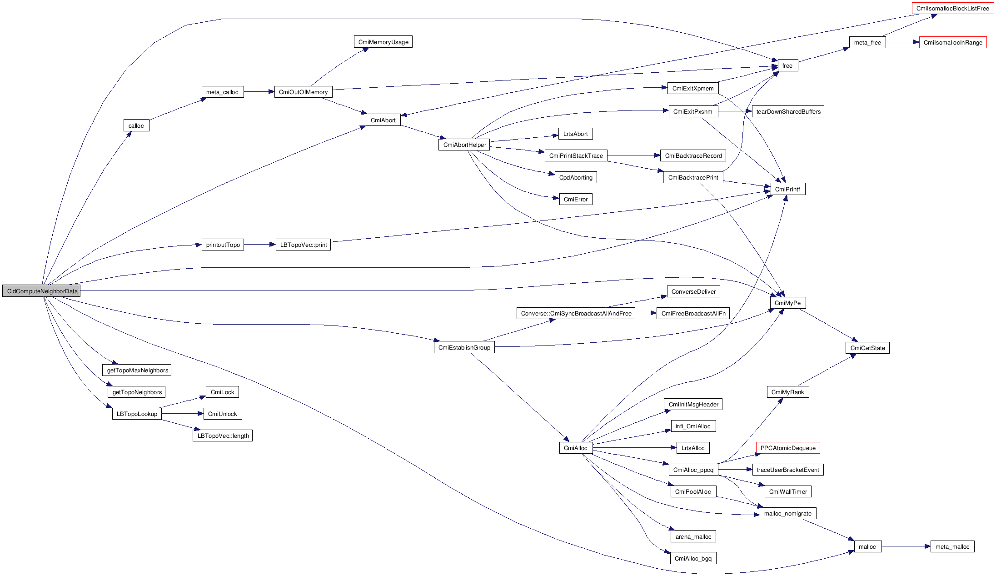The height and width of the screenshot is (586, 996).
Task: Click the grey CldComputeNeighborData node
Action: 41,291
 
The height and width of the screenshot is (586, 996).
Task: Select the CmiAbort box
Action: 383,120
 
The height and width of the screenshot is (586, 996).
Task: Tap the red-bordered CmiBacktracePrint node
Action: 693,177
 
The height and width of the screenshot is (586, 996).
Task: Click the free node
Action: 787,65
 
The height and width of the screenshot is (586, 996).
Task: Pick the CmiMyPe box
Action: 787,303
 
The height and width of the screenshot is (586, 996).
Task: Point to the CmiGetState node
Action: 867,348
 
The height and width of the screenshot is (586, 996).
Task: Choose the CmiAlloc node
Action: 575,448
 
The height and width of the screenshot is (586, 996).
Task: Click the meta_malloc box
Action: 952,546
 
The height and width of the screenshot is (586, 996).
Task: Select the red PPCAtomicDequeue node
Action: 788,448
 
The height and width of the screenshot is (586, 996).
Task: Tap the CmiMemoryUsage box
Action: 383,42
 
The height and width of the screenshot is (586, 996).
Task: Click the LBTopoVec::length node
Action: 223,436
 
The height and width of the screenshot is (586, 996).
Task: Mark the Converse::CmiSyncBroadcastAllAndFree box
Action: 576,313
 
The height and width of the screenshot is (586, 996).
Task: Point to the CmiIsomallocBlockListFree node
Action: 952,8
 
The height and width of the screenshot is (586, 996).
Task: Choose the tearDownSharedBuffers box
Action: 788,111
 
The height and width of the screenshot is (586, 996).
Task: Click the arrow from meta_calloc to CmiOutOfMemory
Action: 259,92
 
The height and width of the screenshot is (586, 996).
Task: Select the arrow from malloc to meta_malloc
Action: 906,546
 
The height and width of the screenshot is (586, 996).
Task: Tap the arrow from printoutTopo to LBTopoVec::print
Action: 259,245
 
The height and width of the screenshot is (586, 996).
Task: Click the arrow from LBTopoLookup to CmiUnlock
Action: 182,414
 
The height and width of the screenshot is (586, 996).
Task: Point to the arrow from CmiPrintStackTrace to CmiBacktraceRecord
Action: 633,155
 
